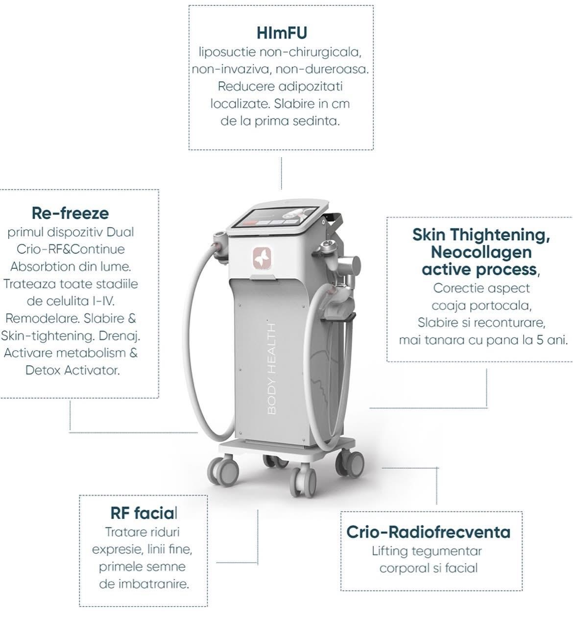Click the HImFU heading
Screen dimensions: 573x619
point(282,33)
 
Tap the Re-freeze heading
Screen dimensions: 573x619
point(71,213)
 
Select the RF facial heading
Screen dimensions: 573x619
point(143,513)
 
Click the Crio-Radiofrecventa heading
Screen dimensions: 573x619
point(429,532)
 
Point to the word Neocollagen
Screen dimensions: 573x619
point(481,252)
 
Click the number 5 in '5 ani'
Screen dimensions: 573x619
point(540,340)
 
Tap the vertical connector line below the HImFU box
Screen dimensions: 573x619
point(282,173)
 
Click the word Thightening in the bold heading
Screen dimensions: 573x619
point(500,235)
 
